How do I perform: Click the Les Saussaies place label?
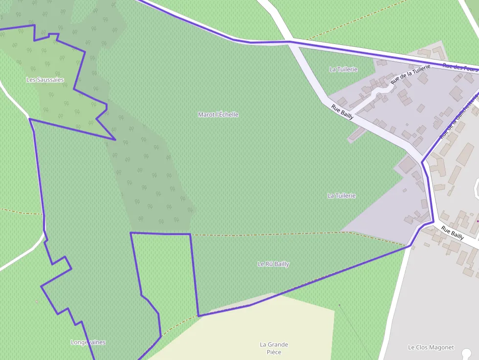pos(45,80)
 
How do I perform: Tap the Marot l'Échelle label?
pos(218,114)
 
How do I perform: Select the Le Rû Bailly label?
pos(273,264)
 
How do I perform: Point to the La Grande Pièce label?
pos(274,348)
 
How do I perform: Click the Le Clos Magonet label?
pos(431,347)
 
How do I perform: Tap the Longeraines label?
pos(88,342)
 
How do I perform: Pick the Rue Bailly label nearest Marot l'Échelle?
pos(342,112)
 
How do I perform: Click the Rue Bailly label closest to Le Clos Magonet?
pos(452,233)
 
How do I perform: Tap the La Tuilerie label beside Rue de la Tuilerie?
pos(344,69)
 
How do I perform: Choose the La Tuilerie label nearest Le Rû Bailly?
pos(342,195)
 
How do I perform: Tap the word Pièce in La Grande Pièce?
pos(274,352)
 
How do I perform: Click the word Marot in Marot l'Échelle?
pos(206,114)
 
